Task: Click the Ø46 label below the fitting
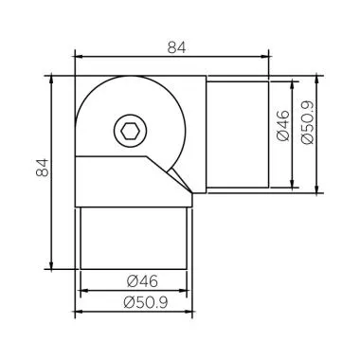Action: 139,281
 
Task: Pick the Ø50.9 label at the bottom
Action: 139,304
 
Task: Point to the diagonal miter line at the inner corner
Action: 178,175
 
